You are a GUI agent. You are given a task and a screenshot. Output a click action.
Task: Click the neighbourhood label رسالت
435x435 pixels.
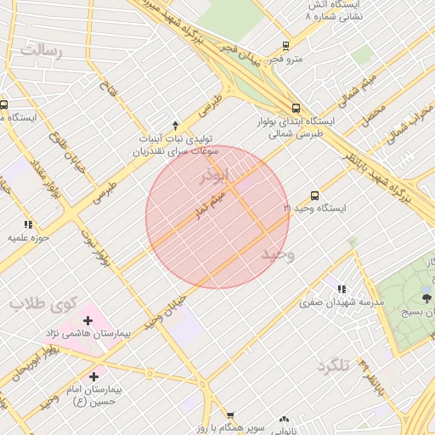click(x=42, y=52)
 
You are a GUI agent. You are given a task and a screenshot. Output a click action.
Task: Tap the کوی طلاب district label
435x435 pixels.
click(x=44, y=303)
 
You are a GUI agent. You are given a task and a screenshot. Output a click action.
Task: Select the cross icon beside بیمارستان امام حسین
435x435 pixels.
click(x=93, y=376)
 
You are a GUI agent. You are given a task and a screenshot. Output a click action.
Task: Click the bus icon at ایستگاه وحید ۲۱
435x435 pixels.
click(x=315, y=195)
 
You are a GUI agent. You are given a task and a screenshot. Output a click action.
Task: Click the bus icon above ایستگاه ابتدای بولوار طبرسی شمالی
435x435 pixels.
click(x=296, y=108)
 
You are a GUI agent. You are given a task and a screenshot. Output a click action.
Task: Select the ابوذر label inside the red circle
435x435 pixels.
click(x=213, y=176)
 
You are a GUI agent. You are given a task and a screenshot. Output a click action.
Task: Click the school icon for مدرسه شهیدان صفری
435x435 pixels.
click(x=342, y=289)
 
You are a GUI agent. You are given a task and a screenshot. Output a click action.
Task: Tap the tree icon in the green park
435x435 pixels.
click(x=426, y=297)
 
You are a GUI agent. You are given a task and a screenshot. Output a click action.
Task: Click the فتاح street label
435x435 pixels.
click(x=107, y=84)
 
